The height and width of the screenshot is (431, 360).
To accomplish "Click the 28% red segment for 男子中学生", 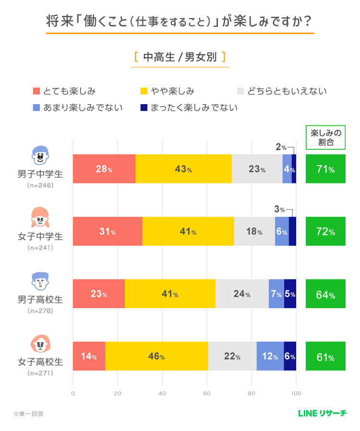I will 104,169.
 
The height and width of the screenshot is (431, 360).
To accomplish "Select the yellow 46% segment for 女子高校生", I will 156,356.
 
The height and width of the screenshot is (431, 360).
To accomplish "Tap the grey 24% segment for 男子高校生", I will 242,294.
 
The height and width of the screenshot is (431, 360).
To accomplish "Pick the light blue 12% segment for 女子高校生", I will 270,356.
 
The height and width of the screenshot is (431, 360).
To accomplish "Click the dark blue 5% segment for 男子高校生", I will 290,294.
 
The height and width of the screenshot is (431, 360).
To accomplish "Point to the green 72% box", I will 325,231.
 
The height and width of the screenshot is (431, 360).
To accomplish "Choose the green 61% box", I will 325,356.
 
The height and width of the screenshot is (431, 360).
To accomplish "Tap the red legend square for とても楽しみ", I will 36,91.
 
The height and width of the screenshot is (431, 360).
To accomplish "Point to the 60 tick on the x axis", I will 207,394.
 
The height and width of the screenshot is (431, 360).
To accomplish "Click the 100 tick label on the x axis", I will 296,394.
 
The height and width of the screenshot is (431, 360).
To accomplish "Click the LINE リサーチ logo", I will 322,413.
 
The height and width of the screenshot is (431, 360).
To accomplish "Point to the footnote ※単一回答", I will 28,413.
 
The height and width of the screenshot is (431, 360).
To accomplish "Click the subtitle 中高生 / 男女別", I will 180,57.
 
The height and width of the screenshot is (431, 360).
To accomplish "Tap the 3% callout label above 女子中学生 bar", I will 279,209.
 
